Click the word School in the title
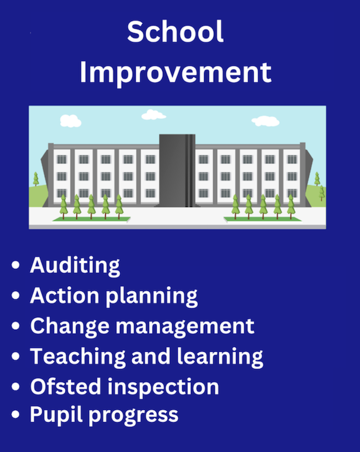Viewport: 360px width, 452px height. [175, 31]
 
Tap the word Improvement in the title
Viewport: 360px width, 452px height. [176, 73]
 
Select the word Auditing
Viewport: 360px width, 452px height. [75, 266]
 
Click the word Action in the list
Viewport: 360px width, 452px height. [65, 296]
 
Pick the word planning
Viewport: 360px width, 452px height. [152, 297]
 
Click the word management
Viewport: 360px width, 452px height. [185, 327]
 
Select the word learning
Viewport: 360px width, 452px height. [220, 357]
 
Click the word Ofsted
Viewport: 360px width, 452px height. [65, 387]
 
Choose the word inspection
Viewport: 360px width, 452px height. [163, 388]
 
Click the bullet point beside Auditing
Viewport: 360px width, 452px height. [16, 265]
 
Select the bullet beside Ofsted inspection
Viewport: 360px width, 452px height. [16, 387]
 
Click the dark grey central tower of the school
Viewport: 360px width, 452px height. [177, 170]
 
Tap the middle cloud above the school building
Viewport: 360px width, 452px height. [153, 115]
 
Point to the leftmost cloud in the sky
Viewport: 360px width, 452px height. [70, 121]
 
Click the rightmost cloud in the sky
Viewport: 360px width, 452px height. [265, 121]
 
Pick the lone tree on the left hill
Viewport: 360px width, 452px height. [36, 179]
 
